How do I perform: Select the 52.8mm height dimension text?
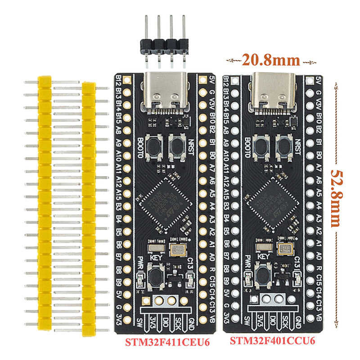pos(336,198)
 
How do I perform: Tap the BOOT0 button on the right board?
pos(261,145)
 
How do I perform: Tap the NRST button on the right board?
pos(284,145)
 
